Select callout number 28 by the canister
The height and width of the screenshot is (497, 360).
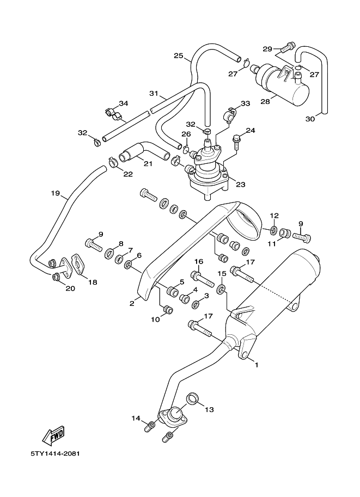[x=280, y=101]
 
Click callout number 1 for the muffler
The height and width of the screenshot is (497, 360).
[x=257, y=365]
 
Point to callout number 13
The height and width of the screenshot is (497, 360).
[x=210, y=409]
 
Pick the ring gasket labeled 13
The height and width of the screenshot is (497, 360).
[x=192, y=398]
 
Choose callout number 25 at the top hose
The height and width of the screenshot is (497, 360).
[x=178, y=56]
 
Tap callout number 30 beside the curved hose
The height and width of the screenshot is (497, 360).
[x=310, y=119]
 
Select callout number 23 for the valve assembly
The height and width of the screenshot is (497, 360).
[x=240, y=184]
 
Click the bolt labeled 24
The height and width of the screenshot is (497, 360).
[x=237, y=142]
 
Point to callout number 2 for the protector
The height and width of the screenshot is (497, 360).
[x=132, y=303]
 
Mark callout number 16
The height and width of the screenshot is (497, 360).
[x=199, y=262]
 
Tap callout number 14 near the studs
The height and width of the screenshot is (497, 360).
[x=136, y=418]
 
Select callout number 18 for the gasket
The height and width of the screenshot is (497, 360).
[x=92, y=282]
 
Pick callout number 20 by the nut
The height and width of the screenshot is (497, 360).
[x=70, y=289]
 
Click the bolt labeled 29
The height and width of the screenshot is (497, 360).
[x=289, y=46]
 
